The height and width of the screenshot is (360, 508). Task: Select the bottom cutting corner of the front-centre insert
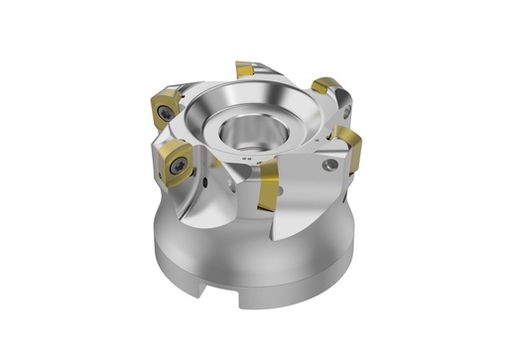(267, 210)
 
